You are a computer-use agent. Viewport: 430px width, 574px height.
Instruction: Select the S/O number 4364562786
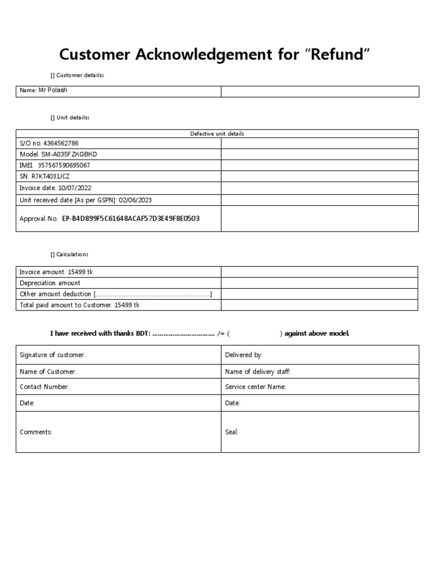click(63, 143)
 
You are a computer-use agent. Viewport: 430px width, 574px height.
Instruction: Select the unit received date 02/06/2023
click(139, 200)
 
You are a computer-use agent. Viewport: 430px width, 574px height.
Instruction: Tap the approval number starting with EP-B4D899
click(130, 219)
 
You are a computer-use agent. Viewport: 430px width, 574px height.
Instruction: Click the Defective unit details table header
click(217, 134)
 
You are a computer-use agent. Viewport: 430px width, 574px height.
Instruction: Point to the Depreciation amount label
click(50, 283)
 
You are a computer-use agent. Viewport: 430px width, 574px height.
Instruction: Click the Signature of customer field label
click(52, 355)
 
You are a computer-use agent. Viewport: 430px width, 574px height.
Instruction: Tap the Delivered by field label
click(244, 355)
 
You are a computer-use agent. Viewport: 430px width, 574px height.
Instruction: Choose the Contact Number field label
click(44, 387)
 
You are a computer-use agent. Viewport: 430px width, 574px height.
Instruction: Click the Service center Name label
click(255, 387)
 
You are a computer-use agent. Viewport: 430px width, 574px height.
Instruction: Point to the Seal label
click(231, 432)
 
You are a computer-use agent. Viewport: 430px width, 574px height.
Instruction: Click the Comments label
click(36, 432)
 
